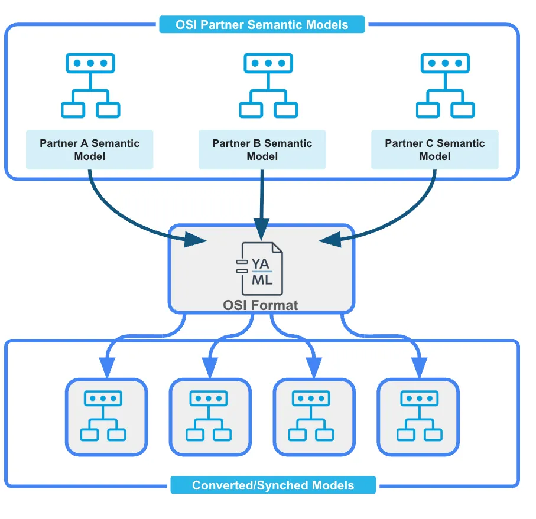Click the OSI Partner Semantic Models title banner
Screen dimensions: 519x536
tap(262, 25)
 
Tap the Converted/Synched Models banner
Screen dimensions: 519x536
tap(273, 485)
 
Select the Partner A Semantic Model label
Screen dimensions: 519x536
tap(90, 149)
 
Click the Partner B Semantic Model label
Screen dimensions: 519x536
tap(262, 149)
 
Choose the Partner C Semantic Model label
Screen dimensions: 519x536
tap(435, 149)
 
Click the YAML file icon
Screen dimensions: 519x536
tap(261, 269)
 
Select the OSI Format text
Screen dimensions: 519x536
tap(261, 305)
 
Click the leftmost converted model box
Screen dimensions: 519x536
tap(106, 417)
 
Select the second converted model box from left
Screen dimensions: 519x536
tap(210, 417)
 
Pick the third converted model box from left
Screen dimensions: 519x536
tap(314, 417)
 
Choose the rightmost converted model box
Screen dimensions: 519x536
tap(418, 417)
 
